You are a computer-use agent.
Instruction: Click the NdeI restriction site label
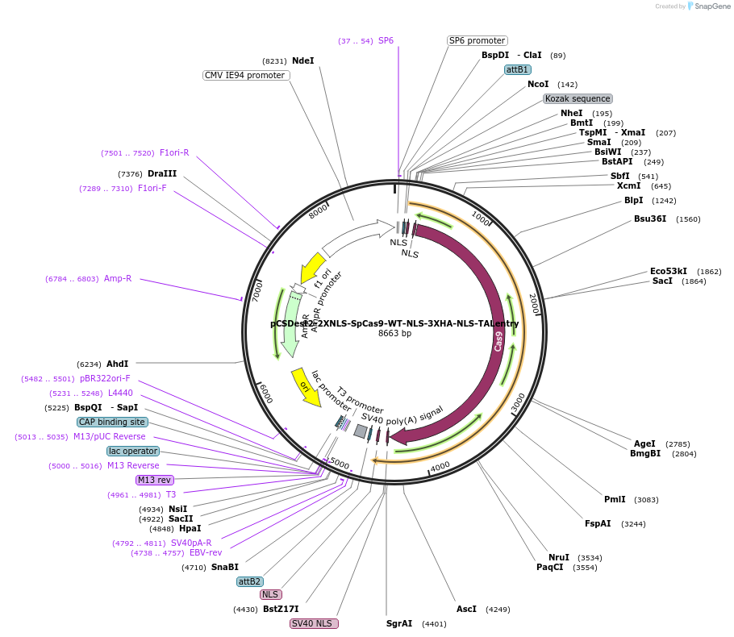point(303,60)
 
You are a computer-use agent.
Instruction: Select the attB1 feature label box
point(517,69)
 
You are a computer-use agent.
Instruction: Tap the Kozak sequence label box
point(578,98)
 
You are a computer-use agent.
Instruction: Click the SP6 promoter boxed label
point(477,40)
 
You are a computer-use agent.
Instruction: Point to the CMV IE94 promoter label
point(246,75)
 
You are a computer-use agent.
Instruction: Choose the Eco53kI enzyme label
point(669,271)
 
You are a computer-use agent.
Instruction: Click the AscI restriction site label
point(466,609)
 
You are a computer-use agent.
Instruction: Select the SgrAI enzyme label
point(398,623)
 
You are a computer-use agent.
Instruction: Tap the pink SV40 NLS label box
point(314,623)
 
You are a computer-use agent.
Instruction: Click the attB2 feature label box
point(249,581)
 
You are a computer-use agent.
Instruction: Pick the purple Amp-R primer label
point(118,279)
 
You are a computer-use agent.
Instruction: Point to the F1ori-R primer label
point(174,152)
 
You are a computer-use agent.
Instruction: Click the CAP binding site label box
point(112,422)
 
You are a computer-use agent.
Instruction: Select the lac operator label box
point(133,451)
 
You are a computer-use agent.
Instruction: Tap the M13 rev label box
point(154,480)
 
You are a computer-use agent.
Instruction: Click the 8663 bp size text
point(394,333)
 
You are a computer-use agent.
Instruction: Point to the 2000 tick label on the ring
point(534,304)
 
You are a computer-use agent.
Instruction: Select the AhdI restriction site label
point(117,364)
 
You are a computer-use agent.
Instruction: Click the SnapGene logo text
point(712,6)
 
